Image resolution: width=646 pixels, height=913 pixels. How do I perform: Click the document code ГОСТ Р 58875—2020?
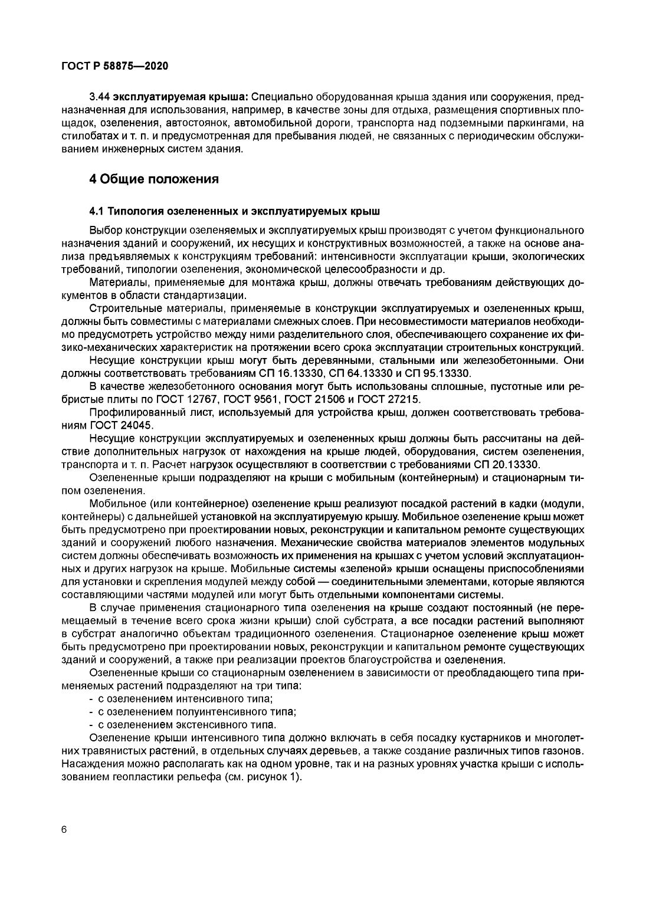(114, 66)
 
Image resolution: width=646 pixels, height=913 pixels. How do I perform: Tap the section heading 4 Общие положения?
(154, 179)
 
